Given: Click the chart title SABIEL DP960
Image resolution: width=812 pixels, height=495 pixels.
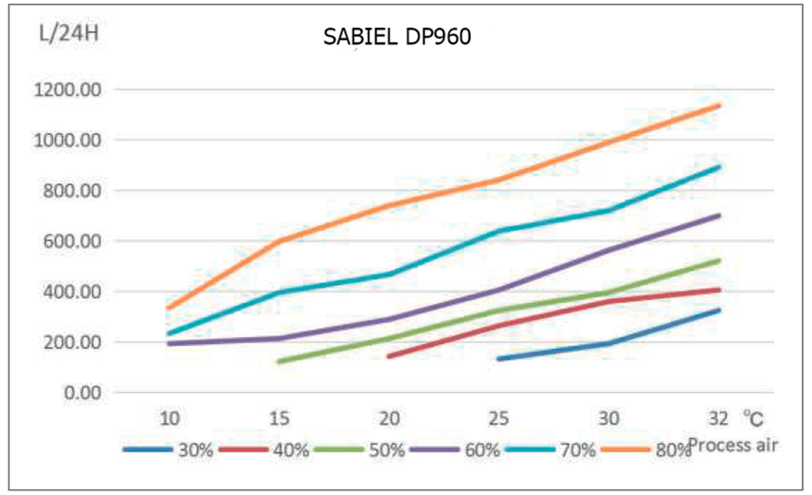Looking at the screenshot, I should tap(397, 37).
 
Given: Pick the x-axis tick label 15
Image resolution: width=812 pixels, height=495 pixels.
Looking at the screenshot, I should tap(279, 420).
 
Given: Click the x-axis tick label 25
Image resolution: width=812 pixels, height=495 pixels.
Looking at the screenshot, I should tap(499, 420).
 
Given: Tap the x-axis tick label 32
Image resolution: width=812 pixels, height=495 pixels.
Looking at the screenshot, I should tap(718, 420).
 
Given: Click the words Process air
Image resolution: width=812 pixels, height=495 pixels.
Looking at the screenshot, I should tap(732, 446).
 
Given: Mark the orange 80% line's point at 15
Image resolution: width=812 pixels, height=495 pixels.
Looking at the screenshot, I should tap(279, 241).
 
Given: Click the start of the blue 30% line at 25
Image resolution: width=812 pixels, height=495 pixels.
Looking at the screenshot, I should tap(499, 359).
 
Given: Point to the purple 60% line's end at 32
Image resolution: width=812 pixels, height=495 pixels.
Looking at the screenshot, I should tap(719, 215).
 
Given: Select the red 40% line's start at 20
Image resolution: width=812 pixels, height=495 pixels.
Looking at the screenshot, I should tap(389, 357).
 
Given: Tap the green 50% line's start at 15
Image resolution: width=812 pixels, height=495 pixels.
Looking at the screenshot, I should tap(279, 361).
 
